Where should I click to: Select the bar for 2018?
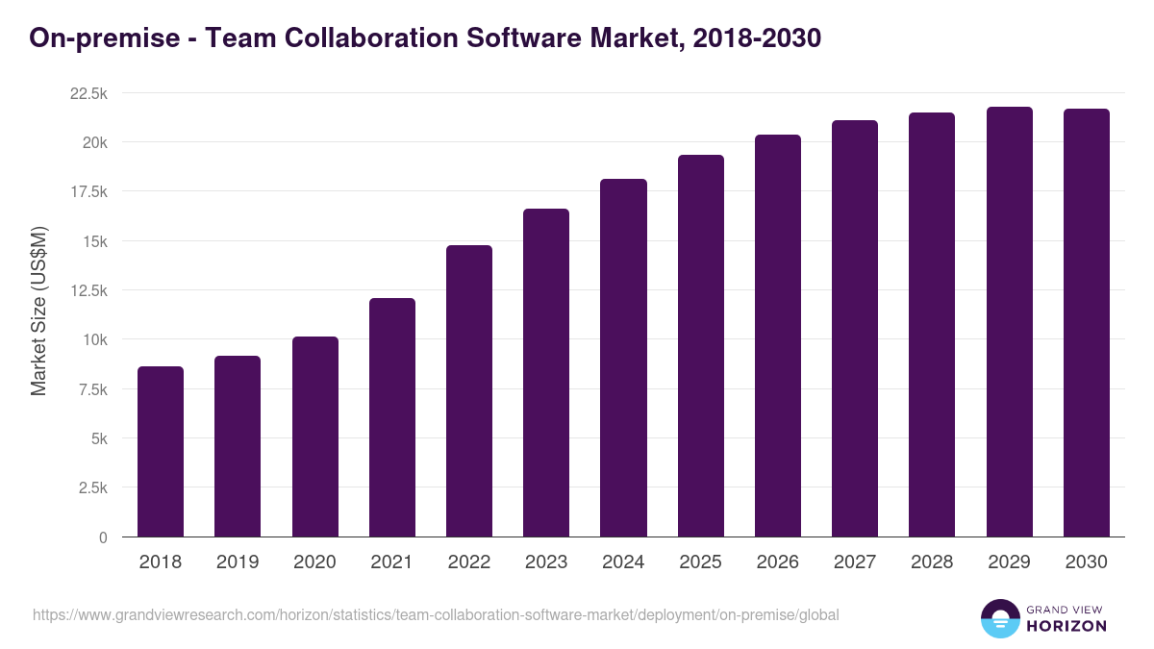coord(161,452)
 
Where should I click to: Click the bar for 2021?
coord(392,417)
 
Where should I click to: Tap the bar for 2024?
coord(623,358)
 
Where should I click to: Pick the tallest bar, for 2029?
coord(1009,322)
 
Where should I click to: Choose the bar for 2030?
coord(1086,323)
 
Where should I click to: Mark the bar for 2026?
coord(777,336)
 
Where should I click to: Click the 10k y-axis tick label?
coord(92,340)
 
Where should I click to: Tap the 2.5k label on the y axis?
coord(92,488)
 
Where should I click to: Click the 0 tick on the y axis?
coord(103,537)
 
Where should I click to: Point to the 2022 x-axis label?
coord(469,562)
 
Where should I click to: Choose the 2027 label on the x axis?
coord(855,562)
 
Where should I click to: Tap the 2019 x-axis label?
coord(238,562)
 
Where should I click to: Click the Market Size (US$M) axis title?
coord(38,311)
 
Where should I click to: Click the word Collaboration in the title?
coord(364,37)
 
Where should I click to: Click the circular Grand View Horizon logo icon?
coord(999,618)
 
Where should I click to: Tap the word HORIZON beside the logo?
coord(1066,626)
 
